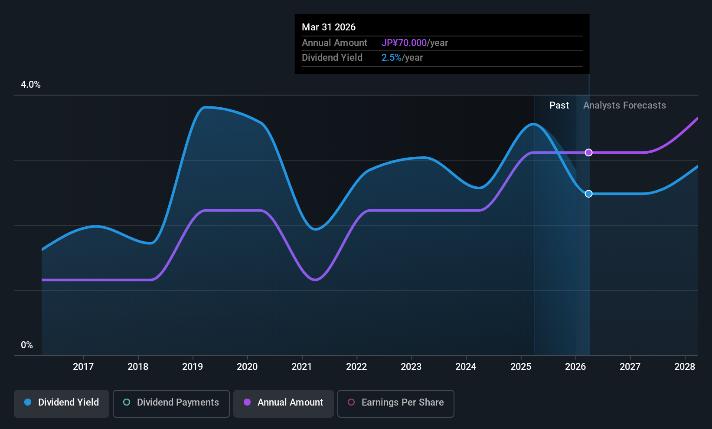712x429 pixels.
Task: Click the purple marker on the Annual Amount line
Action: [x=589, y=152]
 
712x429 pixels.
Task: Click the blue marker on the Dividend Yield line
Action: [x=589, y=194]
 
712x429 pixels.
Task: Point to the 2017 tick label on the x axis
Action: [x=83, y=366]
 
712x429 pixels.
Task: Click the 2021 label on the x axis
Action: [x=302, y=366]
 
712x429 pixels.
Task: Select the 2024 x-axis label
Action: [x=466, y=366]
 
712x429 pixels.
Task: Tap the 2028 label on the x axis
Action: [x=685, y=366]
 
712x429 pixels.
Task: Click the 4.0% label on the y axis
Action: [x=31, y=85]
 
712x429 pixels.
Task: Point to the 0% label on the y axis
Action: [x=27, y=345]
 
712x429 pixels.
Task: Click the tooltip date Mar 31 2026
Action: [x=329, y=27]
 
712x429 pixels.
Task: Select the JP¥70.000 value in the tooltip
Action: [x=404, y=43]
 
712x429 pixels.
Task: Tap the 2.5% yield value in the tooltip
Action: [x=391, y=58]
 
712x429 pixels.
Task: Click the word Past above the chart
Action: [x=559, y=106]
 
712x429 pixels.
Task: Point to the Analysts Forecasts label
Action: [x=624, y=106]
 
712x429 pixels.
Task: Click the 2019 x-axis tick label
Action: [x=192, y=366]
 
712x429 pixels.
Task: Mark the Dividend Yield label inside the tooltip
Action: [x=332, y=58]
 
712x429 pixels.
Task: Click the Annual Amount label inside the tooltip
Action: [x=334, y=43]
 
